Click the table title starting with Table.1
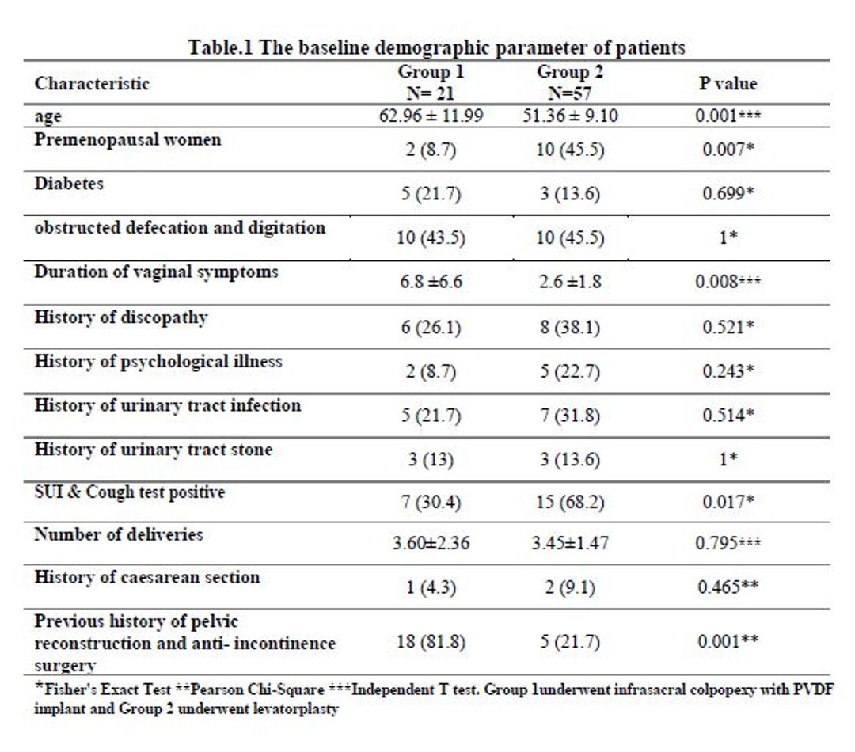[x=437, y=47]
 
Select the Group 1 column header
[x=431, y=82]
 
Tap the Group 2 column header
[x=570, y=82]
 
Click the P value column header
[x=728, y=83]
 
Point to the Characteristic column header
[x=92, y=83]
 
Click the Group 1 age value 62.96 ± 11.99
[x=431, y=116]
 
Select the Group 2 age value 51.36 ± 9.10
[x=570, y=116]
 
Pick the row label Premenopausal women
[x=127, y=140]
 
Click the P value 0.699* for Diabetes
[x=728, y=194]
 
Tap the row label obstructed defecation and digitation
[x=180, y=228]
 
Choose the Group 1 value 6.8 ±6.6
[x=431, y=281]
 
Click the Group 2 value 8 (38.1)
[x=570, y=327]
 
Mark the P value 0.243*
[x=728, y=370]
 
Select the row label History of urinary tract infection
[x=167, y=406]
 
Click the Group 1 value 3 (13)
[x=431, y=460]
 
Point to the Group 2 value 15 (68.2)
[x=570, y=502]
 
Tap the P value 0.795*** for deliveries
[x=728, y=543]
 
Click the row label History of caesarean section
[x=146, y=578]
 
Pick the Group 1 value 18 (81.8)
[x=431, y=642]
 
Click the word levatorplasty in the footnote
[x=297, y=709]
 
